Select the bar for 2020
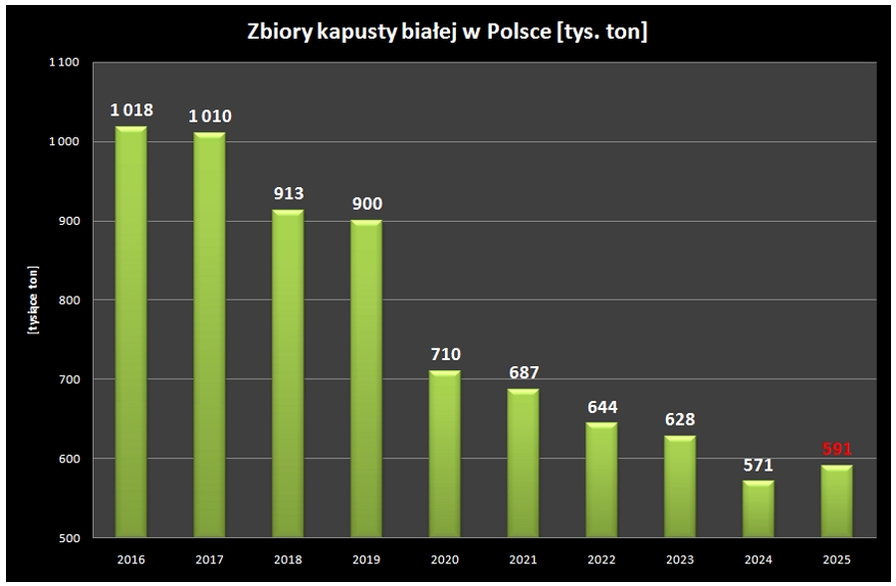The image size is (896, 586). coord(445,454)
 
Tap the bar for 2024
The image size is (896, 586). coord(758,508)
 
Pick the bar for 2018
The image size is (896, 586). coord(288,373)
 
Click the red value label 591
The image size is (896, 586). coord(836,449)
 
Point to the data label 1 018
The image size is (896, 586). coord(131,109)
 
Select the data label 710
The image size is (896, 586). coord(445,354)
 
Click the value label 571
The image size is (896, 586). coord(758,465)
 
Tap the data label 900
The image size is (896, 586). coord(366,203)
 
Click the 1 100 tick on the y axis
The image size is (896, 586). coord(62,63)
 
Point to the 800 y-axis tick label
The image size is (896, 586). coord(67,300)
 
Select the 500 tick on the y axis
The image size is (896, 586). coord(67,538)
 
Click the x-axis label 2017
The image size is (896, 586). coord(210,560)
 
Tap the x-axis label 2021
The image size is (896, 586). coord(523,560)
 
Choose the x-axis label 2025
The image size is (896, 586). coord(836,560)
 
